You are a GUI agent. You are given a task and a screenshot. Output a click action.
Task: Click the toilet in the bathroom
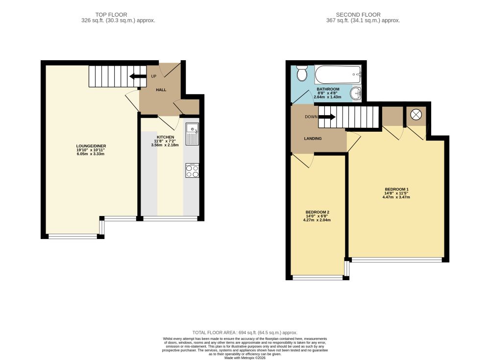pyautogui.click(x=302, y=73)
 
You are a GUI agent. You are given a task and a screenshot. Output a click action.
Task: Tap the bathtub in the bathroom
pyautogui.click(x=338, y=74)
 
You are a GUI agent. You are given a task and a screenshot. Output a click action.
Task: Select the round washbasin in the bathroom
pyautogui.click(x=355, y=94)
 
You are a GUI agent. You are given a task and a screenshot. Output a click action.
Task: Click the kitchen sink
pyautogui.click(x=192, y=134)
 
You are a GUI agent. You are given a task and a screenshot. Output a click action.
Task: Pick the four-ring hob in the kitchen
pyautogui.click(x=192, y=170)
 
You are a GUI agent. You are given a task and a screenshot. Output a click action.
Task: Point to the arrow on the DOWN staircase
pyautogui.click(x=327, y=117)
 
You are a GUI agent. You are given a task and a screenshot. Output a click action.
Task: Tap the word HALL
pyautogui.click(x=161, y=90)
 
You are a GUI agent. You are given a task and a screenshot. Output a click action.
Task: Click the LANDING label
pyautogui.click(x=313, y=139)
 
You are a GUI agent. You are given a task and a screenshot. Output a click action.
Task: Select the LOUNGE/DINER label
pyautogui.click(x=91, y=146)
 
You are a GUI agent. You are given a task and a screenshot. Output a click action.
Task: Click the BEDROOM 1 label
pyautogui.click(x=396, y=189)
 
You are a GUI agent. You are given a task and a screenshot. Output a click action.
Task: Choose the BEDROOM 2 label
pyautogui.click(x=317, y=212)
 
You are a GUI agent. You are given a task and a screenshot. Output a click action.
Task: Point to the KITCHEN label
pyautogui.click(x=165, y=137)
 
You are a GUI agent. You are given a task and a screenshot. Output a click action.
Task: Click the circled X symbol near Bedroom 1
pyautogui.click(x=416, y=115)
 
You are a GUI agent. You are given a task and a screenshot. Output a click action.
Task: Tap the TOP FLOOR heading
pyautogui.click(x=111, y=15)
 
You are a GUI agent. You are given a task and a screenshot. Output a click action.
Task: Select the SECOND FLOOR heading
pyautogui.click(x=358, y=15)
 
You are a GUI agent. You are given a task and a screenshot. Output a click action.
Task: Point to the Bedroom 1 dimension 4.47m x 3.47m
pyautogui.click(x=396, y=197)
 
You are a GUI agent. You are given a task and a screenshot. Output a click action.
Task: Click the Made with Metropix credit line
pyautogui.click(x=245, y=358)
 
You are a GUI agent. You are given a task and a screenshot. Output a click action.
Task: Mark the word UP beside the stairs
pyautogui.click(x=154, y=76)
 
